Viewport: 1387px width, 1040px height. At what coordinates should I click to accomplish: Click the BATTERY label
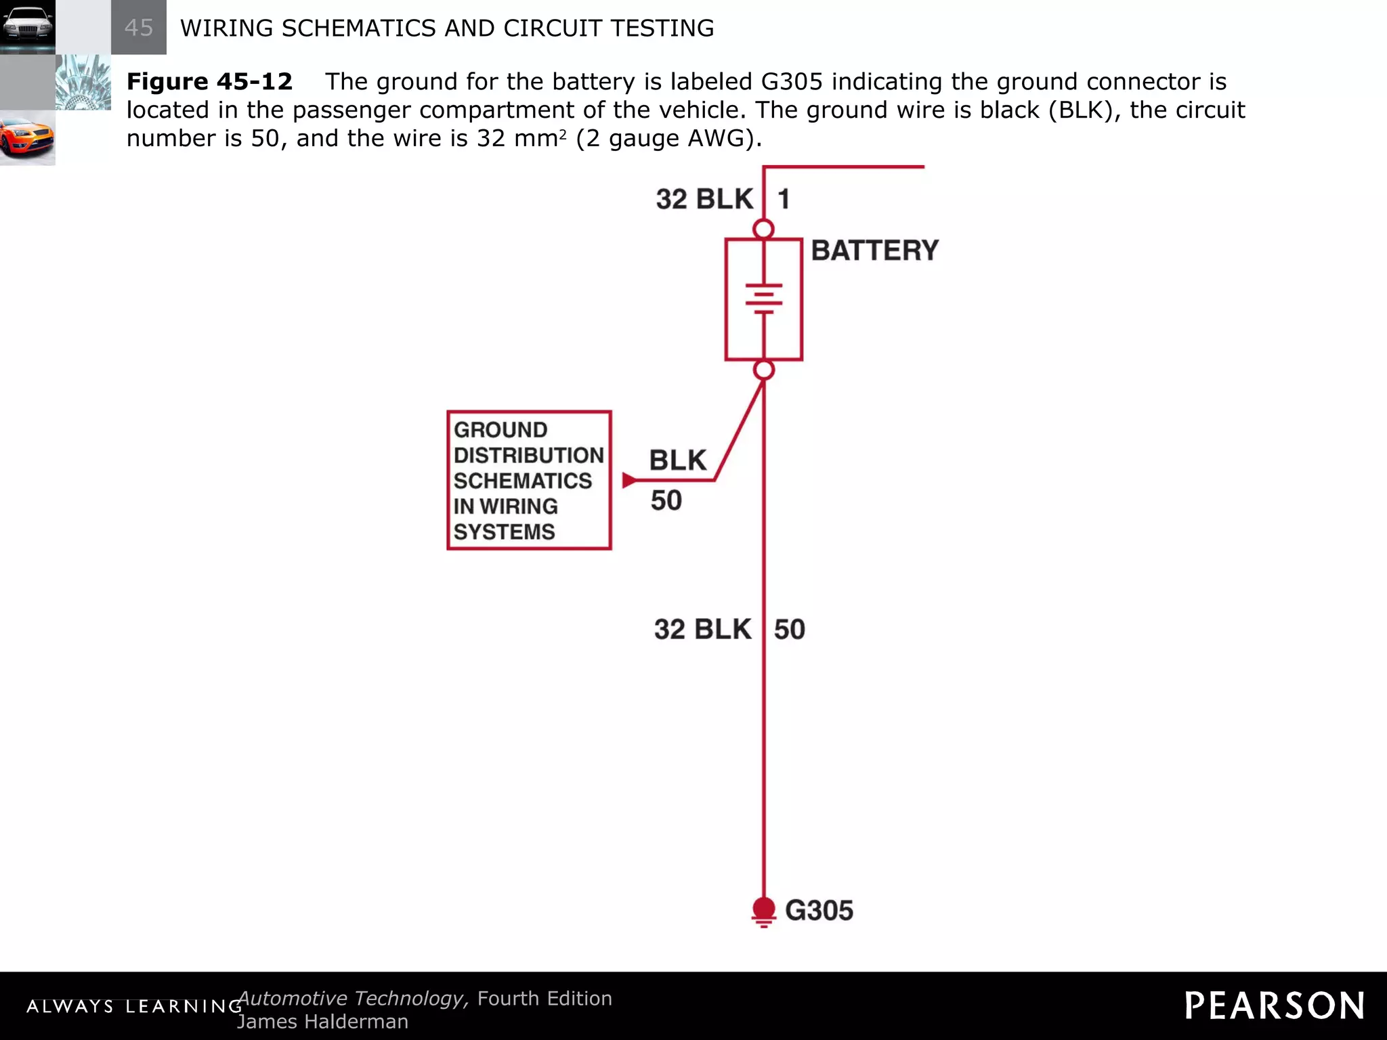pos(874,251)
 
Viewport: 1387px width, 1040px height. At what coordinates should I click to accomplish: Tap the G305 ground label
pos(819,911)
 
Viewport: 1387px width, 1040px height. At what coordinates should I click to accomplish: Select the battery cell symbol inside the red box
pos(764,299)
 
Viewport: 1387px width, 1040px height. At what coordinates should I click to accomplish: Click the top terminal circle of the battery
pos(764,230)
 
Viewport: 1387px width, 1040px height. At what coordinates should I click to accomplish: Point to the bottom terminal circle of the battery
pos(764,370)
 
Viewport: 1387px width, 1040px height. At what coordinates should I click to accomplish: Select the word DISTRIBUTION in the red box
pos(528,455)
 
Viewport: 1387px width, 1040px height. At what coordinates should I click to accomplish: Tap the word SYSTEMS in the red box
pos(504,532)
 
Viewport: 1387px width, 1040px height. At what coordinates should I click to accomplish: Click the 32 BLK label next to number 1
pos(704,199)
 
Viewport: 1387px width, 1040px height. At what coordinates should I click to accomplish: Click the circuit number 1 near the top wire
pos(784,199)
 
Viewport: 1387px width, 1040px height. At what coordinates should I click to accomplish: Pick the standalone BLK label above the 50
pos(677,460)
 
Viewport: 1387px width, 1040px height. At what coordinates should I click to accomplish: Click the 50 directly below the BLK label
pos(666,500)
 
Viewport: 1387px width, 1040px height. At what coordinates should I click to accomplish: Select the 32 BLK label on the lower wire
pos(702,629)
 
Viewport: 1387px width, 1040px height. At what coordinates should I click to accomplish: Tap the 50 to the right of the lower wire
pos(790,629)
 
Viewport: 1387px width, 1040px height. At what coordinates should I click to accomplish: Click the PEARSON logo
pos(1274,1005)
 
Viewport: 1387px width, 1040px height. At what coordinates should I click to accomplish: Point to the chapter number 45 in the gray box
pos(139,28)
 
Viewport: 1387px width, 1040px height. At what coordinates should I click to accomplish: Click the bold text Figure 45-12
pos(209,81)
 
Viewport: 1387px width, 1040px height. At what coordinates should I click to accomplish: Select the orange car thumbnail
pos(27,138)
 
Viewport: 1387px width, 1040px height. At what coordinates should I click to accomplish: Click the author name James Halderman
pos(322,1022)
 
